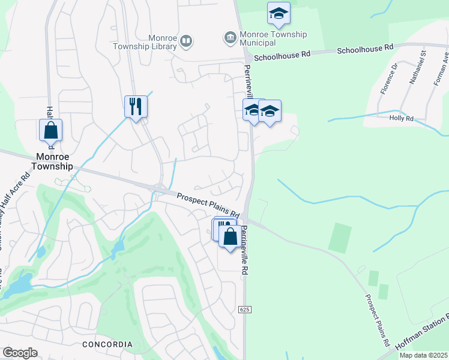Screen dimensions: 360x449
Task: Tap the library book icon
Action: [186, 40]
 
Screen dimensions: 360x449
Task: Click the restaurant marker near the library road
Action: [136, 107]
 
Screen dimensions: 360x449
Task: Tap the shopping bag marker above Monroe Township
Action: [51, 130]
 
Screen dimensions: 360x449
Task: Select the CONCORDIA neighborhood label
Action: [107, 344]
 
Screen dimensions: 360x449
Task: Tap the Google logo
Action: [20, 353]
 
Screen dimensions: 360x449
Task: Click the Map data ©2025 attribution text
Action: [424, 355]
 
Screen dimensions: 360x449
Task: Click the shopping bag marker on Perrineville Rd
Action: [230, 236]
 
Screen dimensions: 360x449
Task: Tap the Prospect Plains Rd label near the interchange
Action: [208, 205]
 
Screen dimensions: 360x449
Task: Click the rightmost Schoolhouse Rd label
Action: [365, 47]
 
